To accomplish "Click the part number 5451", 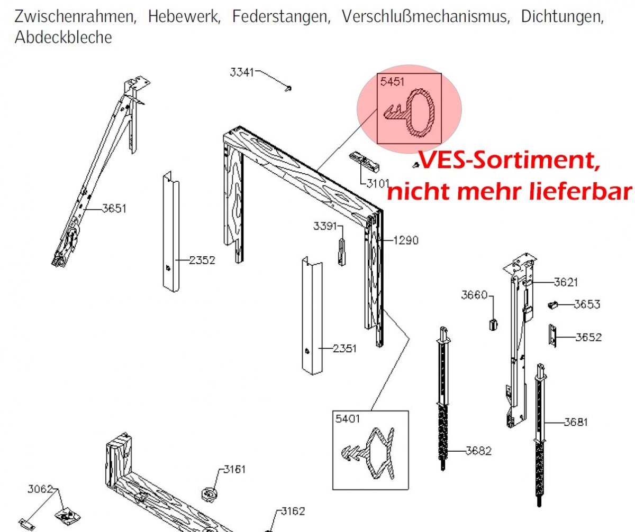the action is point(392,82).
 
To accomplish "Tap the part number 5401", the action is point(347,419).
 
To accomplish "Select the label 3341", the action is point(242,72).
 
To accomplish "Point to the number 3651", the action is point(114,209).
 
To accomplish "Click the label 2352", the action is point(202,260).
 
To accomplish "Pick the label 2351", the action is point(344,349).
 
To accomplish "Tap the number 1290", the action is point(406,240).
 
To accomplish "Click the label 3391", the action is point(325,226).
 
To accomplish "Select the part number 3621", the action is point(566,283).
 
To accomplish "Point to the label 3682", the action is point(479,451).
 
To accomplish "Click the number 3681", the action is point(576,422).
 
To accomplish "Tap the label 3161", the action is point(234,470).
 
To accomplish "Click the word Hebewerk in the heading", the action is point(184,16).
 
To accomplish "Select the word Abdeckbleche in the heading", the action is point(63,38).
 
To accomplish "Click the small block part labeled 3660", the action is point(493,324).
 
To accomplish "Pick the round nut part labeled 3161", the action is point(209,494).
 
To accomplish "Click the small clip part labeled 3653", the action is point(553,305).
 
